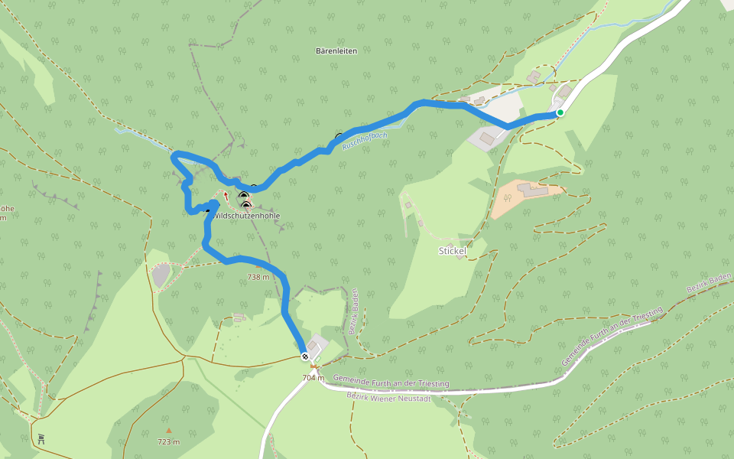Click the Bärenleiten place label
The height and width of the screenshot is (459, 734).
(x=336, y=51)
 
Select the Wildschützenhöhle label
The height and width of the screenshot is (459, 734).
(x=247, y=216)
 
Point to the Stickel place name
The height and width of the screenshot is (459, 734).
(x=453, y=251)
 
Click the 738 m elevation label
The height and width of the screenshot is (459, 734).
(x=258, y=277)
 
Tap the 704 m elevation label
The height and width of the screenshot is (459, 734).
(x=313, y=378)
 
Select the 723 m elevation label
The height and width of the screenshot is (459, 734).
(x=169, y=442)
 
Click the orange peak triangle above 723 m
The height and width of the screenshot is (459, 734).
(x=169, y=430)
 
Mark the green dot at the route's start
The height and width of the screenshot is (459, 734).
(x=560, y=112)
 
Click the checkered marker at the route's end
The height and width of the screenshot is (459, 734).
(x=305, y=356)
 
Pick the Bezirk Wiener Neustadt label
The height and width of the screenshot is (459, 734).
(x=388, y=398)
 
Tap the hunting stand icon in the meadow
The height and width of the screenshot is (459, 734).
(x=41, y=438)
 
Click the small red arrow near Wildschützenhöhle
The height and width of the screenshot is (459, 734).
(x=226, y=195)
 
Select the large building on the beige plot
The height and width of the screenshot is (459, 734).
(x=533, y=189)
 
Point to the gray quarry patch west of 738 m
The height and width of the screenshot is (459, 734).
(x=161, y=275)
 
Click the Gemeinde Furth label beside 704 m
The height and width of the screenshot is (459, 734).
(x=391, y=380)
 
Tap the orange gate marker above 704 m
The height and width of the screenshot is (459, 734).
(x=313, y=366)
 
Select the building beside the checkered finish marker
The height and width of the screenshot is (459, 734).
(x=313, y=346)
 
